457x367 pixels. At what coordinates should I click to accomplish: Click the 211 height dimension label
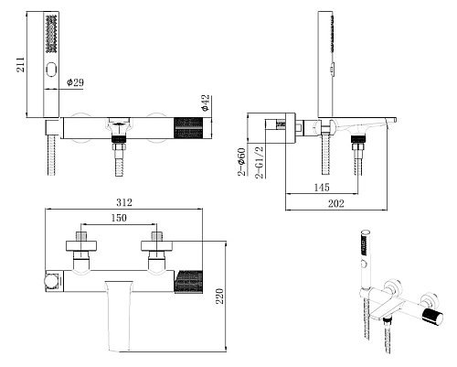point(20,64)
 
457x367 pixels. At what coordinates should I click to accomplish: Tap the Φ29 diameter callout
point(75,82)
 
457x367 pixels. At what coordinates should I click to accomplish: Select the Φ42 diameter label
point(205,103)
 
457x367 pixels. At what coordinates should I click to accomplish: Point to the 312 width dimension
point(124,202)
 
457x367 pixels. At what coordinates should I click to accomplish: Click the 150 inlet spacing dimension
point(119,218)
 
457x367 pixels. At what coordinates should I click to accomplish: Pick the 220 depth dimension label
point(219,296)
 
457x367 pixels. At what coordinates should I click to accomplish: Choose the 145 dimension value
point(322,187)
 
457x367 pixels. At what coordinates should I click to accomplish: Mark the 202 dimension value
point(336,203)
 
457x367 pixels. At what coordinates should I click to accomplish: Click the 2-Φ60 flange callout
point(241,162)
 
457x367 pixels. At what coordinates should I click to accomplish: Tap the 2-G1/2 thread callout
point(260,162)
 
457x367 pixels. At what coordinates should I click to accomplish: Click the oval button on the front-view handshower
point(51,70)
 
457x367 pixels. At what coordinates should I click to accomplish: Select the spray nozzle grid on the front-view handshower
point(51,34)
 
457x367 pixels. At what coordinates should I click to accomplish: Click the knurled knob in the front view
point(188,128)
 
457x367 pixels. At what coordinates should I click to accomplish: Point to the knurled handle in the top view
point(188,282)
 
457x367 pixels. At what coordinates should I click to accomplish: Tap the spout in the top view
point(119,316)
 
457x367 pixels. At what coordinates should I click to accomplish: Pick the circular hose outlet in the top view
point(51,281)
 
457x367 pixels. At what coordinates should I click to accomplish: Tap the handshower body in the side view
point(325,64)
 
